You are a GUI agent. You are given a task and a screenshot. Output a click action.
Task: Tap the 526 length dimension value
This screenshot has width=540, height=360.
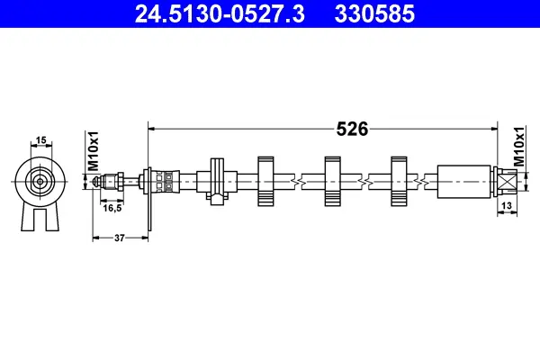352,129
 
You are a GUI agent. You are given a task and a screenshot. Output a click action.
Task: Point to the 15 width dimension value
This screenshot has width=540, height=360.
40,139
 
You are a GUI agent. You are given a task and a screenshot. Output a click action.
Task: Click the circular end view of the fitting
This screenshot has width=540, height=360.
40,180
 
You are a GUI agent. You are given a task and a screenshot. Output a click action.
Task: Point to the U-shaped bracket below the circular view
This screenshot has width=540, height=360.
40,216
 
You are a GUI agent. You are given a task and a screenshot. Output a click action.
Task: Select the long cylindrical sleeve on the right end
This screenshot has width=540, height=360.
463,181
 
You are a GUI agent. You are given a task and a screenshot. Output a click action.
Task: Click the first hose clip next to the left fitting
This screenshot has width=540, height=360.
217,180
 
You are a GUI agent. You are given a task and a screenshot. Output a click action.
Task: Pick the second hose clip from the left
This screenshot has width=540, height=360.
265,181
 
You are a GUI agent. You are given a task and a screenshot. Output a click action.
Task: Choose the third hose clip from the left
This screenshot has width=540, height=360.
332,181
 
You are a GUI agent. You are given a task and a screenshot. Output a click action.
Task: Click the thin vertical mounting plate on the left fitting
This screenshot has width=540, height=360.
148,193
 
